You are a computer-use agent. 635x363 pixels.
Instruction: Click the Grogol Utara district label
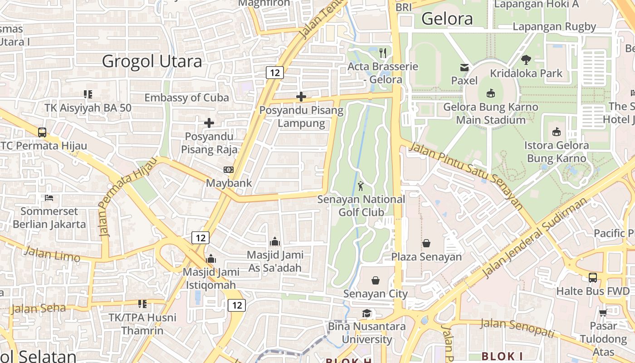pos(152,61)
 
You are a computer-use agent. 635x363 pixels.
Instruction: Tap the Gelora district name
pos(447,19)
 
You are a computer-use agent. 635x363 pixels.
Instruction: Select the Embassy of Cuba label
pos(186,98)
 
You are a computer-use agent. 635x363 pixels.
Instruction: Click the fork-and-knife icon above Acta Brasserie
pos(383,53)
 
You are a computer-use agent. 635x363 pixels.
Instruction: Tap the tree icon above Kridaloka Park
pos(526,59)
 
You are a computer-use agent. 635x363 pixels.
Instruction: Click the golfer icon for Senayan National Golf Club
pos(361,186)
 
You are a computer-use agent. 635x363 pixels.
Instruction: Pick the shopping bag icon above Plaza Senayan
pos(426,244)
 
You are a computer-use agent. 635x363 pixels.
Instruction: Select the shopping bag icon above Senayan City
pos(376,280)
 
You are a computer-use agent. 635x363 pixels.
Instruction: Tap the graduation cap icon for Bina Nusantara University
pos(366,313)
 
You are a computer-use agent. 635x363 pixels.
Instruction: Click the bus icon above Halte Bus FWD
pos(593,277)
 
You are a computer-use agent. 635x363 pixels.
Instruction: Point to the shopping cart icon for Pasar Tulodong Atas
pos(603,313)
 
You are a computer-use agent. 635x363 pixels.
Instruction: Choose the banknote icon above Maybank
pos(229,170)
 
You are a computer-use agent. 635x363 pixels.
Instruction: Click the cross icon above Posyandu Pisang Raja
pos(209,123)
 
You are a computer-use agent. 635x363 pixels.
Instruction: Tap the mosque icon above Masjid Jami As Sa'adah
pos(274,241)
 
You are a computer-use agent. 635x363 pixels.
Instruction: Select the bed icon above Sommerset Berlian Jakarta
pos(49,198)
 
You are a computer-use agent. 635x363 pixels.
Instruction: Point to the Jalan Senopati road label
pos(517,328)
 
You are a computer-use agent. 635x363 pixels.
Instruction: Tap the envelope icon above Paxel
pos(464,68)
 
